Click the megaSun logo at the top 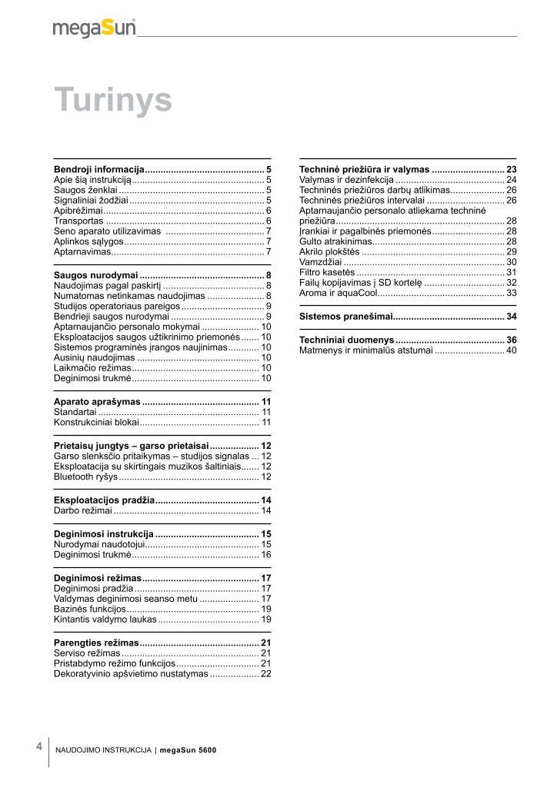tap(94, 28)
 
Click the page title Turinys tap(112, 100)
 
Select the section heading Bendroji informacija tap(99, 168)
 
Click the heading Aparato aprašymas tap(97, 402)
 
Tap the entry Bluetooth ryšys tap(85, 477)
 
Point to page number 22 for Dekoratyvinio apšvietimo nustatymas tap(265, 673)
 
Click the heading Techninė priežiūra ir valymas tap(364, 169)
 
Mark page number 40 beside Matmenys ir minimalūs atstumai tap(511, 350)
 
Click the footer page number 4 tap(38, 746)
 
